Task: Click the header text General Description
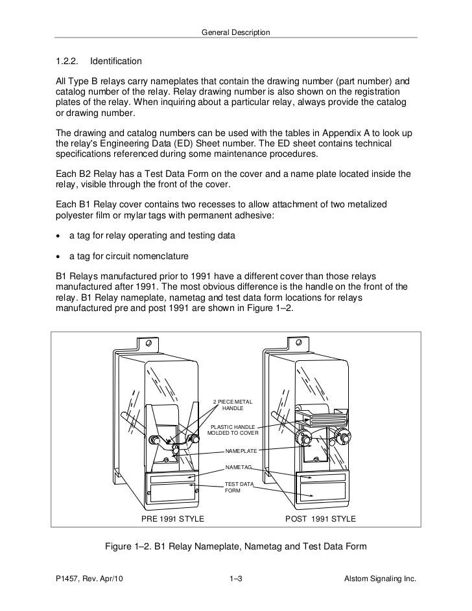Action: click(x=235, y=32)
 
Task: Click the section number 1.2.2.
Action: click(x=67, y=62)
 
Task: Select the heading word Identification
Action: click(x=116, y=62)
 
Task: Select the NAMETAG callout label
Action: click(x=237, y=467)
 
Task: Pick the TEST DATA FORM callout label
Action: click(x=239, y=487)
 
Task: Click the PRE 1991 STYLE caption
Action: click(x=173, y=520)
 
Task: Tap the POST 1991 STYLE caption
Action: click(x=320, y=520)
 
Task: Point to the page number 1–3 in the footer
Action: click(x=236, y=578)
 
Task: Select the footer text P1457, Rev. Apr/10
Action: click(x=89, y=578)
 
